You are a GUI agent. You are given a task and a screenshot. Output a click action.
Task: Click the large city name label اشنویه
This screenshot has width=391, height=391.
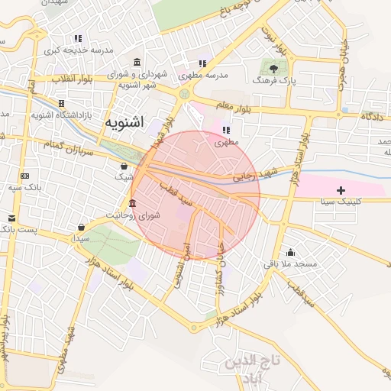[x=125, y=121]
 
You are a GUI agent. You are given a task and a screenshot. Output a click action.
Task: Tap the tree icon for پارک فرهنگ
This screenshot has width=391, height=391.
[x=274, y=69]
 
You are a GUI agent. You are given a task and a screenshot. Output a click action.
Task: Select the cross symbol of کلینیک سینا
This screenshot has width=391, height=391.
[x=341, y=189]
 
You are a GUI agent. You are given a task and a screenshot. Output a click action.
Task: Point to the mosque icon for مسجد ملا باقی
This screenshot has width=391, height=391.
[x=289, y=253]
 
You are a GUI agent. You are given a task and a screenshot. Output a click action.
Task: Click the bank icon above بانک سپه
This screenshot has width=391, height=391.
[x=24, y=176]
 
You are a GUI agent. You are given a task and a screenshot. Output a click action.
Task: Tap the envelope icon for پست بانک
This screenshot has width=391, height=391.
[x=11, y=218]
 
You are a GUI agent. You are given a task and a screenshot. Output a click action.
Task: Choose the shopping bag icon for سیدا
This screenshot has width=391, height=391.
[x=81, y=227]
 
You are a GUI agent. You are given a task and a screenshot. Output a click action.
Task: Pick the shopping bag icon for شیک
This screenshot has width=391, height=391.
[x=124, y=166]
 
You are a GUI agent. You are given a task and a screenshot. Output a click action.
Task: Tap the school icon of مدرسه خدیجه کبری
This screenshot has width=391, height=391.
[x=78, y=38]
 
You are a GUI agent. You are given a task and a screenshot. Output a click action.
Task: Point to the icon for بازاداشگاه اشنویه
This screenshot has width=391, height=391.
[x=61, y=103]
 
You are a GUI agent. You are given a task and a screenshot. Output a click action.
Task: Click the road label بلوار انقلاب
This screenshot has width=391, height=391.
[x=73, y=79]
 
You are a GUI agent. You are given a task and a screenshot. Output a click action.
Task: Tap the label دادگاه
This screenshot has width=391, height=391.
[x=371, y=117]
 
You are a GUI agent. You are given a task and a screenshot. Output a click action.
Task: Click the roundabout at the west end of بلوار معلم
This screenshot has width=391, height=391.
[x=184, y=94]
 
